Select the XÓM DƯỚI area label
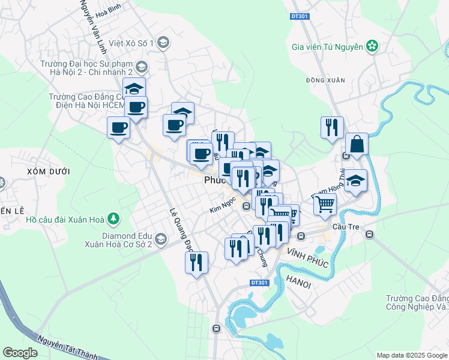[49, 172]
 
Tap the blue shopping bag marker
[357, 145]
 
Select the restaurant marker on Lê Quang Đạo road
[196, 263]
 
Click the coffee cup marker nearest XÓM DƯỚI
[118, 127]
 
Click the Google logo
[19, 353]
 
